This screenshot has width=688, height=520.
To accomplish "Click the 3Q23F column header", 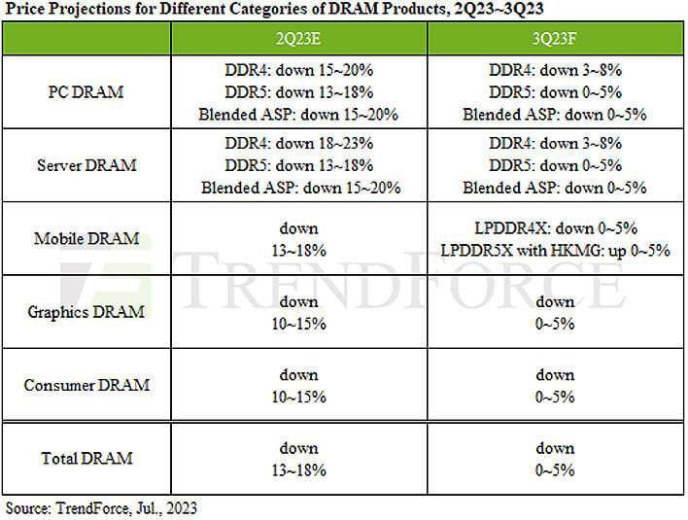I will point(555,40).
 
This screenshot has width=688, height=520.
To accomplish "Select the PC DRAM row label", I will point(86,92).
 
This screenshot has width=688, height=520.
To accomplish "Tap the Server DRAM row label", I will point(86,165).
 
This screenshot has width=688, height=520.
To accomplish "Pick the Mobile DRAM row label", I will point(86,238).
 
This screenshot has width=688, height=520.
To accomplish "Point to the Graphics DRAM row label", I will point(86,311).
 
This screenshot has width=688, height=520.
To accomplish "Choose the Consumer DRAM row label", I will point(86,384).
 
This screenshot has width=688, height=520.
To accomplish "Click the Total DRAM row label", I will point(86,457).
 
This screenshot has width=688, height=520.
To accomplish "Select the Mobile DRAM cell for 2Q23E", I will point(298,239).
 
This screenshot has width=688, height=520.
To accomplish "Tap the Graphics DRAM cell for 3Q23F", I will point(555,312).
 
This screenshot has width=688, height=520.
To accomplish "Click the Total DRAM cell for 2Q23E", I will point(298,458).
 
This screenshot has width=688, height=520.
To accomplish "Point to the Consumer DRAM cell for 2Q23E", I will point(298,385).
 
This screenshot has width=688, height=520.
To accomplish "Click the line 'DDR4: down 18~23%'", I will point(298,143).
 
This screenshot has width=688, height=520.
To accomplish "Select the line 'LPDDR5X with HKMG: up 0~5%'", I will point(555,251).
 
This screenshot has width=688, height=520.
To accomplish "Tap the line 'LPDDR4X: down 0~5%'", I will point(555,228).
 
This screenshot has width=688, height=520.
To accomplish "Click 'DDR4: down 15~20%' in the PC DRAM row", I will point(298,70).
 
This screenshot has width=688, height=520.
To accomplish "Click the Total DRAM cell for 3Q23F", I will point(555,458).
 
